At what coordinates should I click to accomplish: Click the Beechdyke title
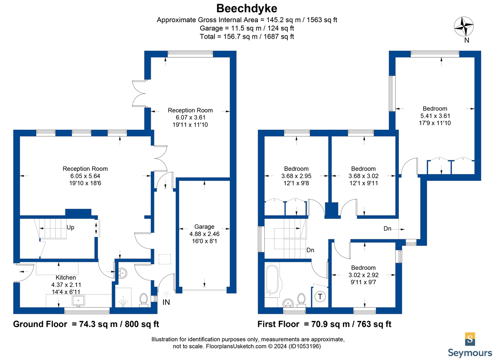tap(247, 9)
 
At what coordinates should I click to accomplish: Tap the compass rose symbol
tap(464, 26)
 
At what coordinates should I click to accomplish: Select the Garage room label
tap(204, 227)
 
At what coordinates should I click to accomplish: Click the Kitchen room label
tap(66, 278)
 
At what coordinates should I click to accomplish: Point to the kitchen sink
tap(78, 301)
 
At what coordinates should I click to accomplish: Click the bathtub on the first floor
tap(273, 280)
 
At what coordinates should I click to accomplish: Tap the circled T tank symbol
tap(320, 297)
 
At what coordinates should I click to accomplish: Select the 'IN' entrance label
tap(166, 302)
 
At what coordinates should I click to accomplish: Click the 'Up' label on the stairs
tap(70, 227)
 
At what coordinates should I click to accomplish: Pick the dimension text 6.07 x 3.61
tap(190, 117)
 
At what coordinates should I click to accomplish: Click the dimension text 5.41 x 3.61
tap(435, 116)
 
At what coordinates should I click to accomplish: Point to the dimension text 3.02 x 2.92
tap(364, 275)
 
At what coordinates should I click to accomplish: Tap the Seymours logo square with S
tap(470, 339)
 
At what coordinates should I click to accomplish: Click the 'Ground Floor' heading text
tap(40, 324)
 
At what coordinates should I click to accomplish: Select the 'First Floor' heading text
tap(278, 324)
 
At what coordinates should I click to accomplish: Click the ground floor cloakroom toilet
tap(144, 300)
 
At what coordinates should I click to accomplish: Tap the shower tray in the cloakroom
tap(123, 297)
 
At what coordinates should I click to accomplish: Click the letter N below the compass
tap(467, 40)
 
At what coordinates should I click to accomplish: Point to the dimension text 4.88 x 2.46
tap(204, 234)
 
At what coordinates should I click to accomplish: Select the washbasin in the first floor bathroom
tap(288, 303)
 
